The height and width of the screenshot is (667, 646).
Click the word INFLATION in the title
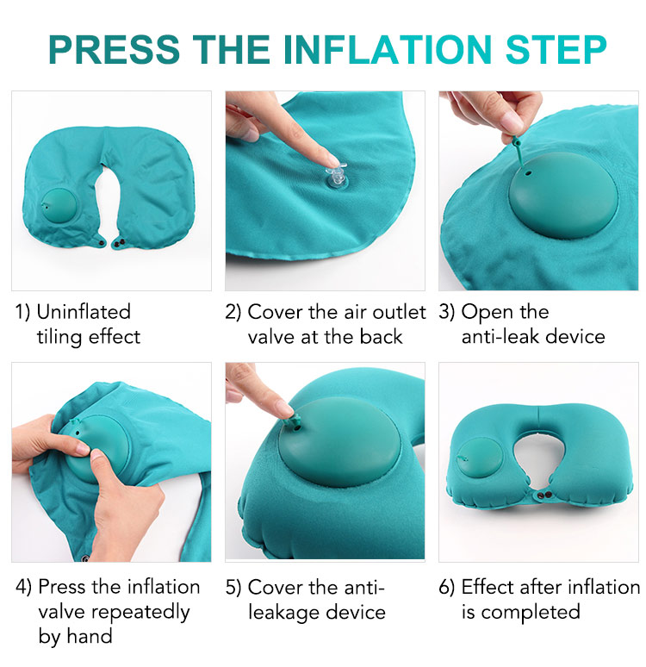pyautogui.click(x=388, y=49)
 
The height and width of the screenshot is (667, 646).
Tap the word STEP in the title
pyautogui.click(x=556, y=49)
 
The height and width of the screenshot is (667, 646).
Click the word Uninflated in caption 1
pyautogui.click(x=84, y=312)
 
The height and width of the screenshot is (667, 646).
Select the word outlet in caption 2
pyautogui.click(x=399, y=312)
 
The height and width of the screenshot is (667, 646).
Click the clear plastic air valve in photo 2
pyautogui.click(x=336, y=177)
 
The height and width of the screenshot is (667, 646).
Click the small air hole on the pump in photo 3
pyautogui.click(x=528, y=173)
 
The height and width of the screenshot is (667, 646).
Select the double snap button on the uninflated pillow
pyautogui.click(x=119, y=243)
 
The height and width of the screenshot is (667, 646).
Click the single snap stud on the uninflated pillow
pyautogui.click(x=102, y=242)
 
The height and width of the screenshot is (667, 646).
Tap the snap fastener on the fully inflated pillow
pyautogui.click(x=543, y=496)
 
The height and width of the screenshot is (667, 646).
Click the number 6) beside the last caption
pyautogui.click(x=446, y=588)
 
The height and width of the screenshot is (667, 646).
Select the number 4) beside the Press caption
pyautogui.click(x=24, y=588)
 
